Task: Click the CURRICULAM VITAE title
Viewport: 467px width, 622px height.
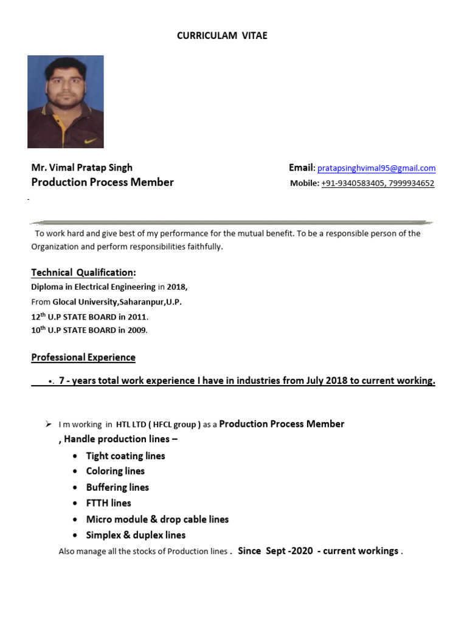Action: (x=222, y=36)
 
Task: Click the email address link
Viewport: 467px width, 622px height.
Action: (x=376, y=168)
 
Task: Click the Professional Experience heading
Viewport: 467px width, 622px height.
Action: (x=83, y=357)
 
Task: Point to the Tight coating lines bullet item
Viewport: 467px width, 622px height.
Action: (x=125, y=456)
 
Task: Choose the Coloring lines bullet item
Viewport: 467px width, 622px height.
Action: (x=116, y=471)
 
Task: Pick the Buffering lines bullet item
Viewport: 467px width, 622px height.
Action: (x=117, y=487)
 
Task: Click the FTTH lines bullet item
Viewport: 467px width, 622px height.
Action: (x=108, y=503)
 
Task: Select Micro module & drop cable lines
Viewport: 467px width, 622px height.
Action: (x=157, y=519)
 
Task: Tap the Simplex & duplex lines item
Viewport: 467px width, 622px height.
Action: (x=136, y=535)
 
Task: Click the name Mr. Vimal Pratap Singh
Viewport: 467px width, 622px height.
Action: (x=81, y=168)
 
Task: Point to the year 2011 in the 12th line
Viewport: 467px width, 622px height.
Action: (x=137, y=316)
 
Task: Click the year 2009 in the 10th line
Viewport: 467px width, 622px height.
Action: (x=137, y=330)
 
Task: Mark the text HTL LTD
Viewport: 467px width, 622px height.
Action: (x=132, y=425)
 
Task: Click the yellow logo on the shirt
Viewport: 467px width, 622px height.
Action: (x=90, y=141)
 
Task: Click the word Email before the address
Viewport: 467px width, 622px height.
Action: (x=300, y=168)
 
